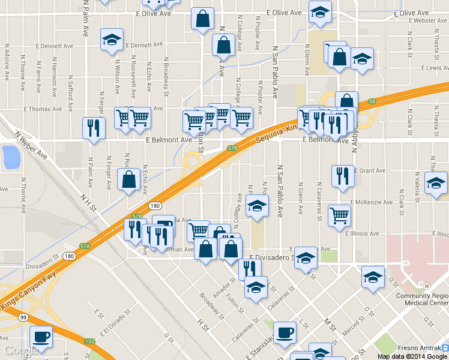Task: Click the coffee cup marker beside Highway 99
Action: [x=41, y=337]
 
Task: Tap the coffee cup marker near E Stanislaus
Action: [x=285, y=332]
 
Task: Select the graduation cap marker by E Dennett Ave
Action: [x=112, y=40]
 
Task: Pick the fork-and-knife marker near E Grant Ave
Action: [x=342, y=176]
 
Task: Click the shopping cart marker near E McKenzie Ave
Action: [x=340, y=214]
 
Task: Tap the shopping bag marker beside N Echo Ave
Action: [x=129, y=179]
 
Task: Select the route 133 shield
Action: [x=89, y=341]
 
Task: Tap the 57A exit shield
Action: [x=85, y=246]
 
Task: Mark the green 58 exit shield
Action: [x=372, y=101]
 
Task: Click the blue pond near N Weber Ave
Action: [x=11, y=157]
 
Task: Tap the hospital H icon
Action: [x=427, y=286]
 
